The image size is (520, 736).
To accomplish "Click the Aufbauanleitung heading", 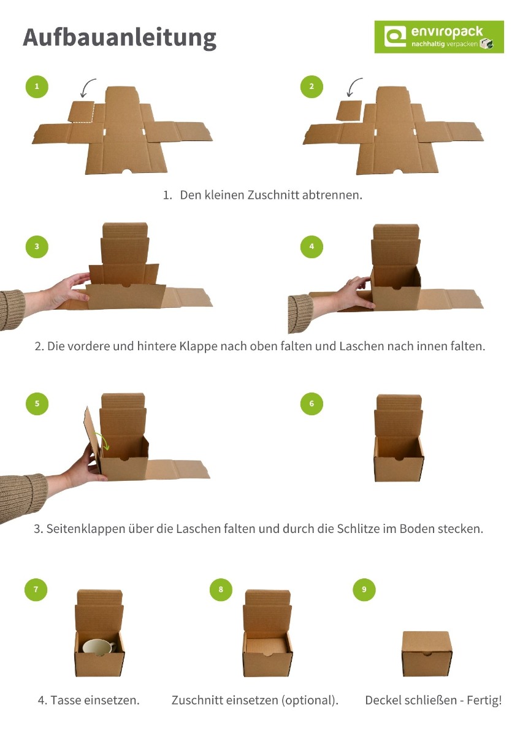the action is coord(120,38).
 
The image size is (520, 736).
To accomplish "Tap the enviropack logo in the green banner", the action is coord(439,37).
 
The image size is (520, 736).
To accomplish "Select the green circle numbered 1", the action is coord(37,86).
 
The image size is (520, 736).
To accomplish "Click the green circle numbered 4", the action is coord(312,247).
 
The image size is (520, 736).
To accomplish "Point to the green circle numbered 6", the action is coord(312,404).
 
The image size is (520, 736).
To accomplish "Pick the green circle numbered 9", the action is coord(364,589).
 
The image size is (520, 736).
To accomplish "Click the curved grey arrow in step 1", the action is coord(87,88).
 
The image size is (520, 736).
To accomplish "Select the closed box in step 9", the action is coord(427,654).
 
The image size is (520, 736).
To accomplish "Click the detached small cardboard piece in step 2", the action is coord(349,111).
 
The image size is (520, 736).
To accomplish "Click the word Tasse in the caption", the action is coord(66,700).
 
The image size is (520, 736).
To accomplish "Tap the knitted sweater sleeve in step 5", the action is coord(22,496).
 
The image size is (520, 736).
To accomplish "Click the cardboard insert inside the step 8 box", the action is coord(267,645).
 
